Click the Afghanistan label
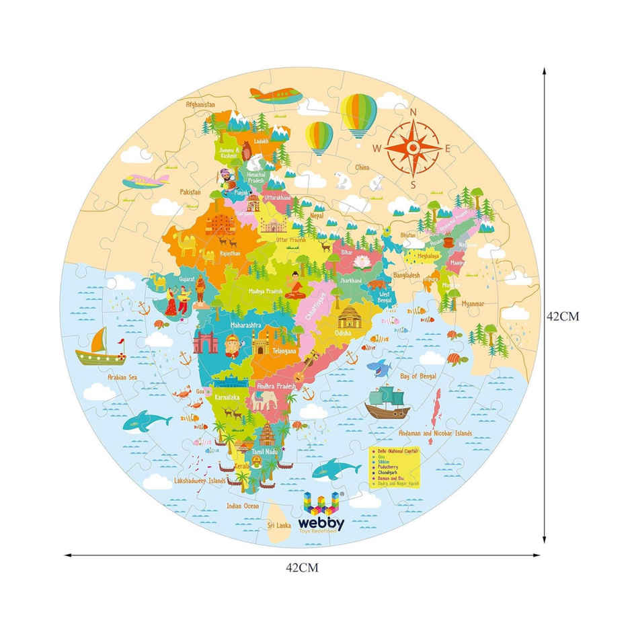pyautogui.click(x=200, y=104)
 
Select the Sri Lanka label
pyautogui.click(x=280, y=524)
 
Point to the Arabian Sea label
pyautogui.click(x=122, y=378)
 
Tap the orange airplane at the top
pyautogui.click(x=276, y=95)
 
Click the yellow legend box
pyautogui.click(x=394, y=467)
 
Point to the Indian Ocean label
pyautogui.click(x=242, y=506)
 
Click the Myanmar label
pyautogui.click(x=473, y=304)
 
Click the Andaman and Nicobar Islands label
pyautogui.click(x=435, y=434)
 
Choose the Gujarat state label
pyautogui.click(x=188, y=277)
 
